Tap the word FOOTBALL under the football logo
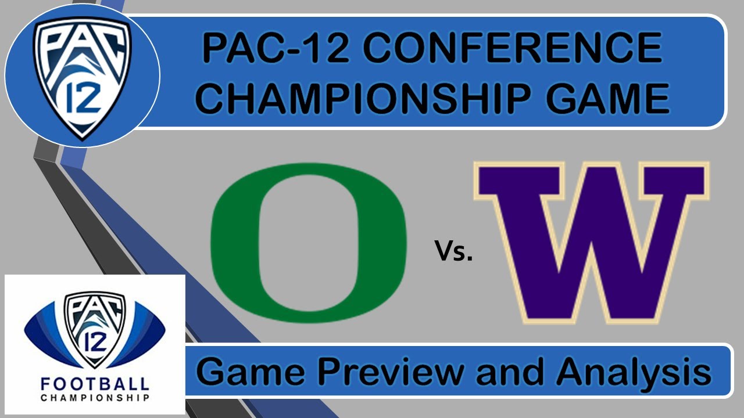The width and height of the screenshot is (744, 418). point(95,384)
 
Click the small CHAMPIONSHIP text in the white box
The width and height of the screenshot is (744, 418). point(95,398)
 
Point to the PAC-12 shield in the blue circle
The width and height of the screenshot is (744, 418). point(81,75)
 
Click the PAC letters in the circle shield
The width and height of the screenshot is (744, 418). point(81,44)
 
